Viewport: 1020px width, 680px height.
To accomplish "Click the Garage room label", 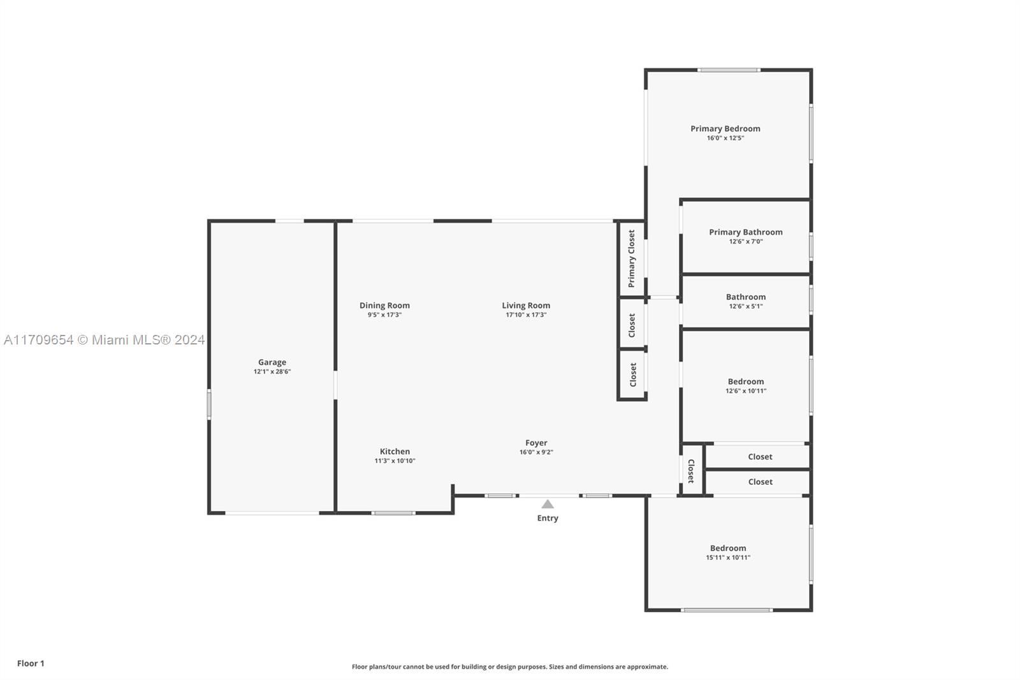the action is pos(272,362).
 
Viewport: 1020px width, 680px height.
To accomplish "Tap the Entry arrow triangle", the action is pos(548,504).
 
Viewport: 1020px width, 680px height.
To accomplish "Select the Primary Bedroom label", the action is pos(725,128).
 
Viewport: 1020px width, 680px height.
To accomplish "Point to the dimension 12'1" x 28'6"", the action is pos(272,371).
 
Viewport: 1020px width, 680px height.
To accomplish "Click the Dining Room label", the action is pos(385,306).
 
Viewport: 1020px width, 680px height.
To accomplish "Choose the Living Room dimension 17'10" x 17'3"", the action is pos(526,314).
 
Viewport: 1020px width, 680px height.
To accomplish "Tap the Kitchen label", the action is pos(395,451).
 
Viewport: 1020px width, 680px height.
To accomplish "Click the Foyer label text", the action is pos(536,443).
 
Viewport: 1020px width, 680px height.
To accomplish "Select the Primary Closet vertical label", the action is pos(632,258).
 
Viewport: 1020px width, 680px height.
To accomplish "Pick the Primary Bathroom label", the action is pos(746,232).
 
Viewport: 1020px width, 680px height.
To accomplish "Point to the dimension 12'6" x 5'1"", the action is pos(746,306).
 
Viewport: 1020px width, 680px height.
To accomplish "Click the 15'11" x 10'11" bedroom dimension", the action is pos(728,558).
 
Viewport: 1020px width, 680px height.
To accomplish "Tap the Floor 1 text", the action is pos(31,663).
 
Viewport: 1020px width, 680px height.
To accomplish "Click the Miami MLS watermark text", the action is pos(105,340).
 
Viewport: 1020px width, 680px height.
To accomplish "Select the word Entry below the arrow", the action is pos(548,518).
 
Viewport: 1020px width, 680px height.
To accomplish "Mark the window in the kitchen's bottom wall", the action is pos(393,514).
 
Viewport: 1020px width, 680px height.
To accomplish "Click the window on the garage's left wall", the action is pos(209,404).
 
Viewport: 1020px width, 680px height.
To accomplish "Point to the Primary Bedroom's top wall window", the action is pos(729,70).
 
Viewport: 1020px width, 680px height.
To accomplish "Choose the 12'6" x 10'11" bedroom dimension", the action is pos(746,391).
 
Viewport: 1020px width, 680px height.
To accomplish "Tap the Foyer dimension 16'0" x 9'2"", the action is pos(536,452).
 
